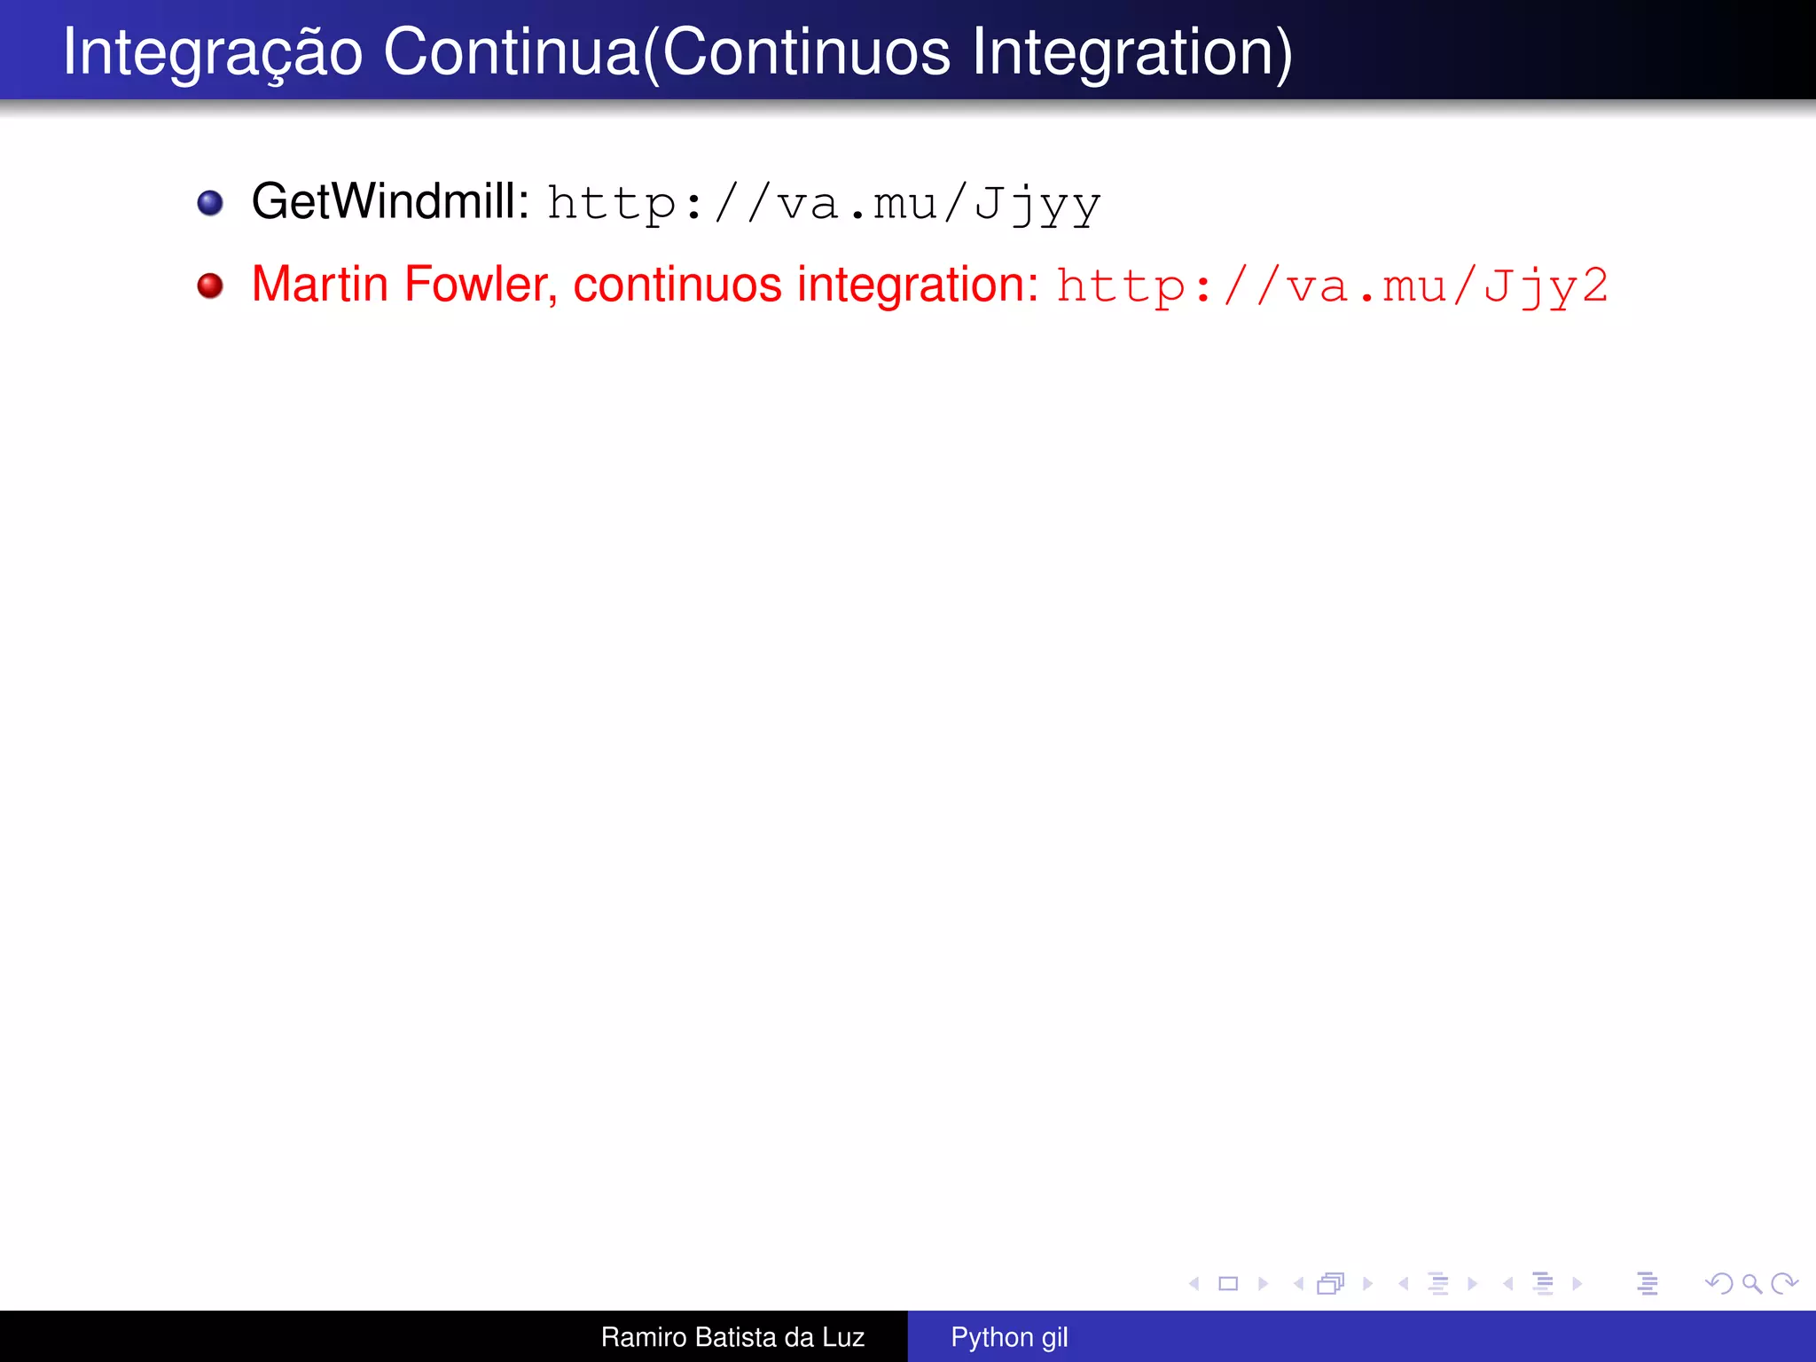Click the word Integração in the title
pyautogui.click(x=213, y=53)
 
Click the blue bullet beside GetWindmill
pyautogui.click(x=210, y=203)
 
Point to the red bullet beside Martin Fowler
pyautogui.click(x=210, y=286)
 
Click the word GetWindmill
pyautogui.click(x=390, y=201)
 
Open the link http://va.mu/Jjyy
pyautogui.click(x=824, y=204)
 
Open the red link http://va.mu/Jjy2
pyautogui.click(x=1332, y=286)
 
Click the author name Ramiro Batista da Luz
pyautogui.click(x=732, y=1337)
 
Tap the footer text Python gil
pyautogui.click(x=1009, y=1337)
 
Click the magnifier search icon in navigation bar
pyautogui.click(x=1751, y=1283)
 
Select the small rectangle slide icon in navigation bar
pyautogui.click(x=1228, y=1283)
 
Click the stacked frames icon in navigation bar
pyautogui.click(x=1330, y=1283)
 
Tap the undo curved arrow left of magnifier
pyautogui.click(x=1719, y=1283)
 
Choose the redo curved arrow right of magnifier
pyautogui.click(x=1784, y=1283)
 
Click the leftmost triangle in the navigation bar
pyautogui.click(x=1194, y=1283)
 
